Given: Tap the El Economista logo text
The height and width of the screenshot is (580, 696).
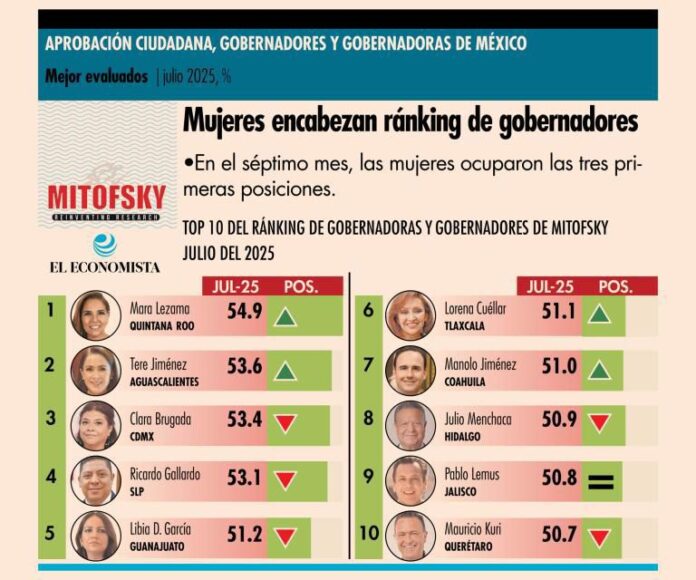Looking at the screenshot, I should [x=106, y=267].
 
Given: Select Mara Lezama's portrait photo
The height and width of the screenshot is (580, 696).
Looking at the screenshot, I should [x=95, y=315].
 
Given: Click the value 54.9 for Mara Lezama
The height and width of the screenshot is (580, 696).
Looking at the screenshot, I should [x=244, y=312].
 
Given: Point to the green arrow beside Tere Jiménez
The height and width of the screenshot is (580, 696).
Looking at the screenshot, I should [x=286, y=370].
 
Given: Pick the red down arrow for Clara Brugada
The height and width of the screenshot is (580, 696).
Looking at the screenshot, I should [x=286, y=423].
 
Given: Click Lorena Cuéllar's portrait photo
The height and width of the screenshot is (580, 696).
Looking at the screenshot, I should [x=410, y=315].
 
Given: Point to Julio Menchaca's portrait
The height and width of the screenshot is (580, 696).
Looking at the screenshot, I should [x=410, y=424].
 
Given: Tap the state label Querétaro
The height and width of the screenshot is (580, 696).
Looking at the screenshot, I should [x=472, y=546].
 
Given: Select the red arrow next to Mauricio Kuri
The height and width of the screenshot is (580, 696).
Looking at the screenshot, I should [x=600, y=537].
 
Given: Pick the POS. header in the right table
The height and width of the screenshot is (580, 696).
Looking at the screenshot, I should [x=615, y=286].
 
